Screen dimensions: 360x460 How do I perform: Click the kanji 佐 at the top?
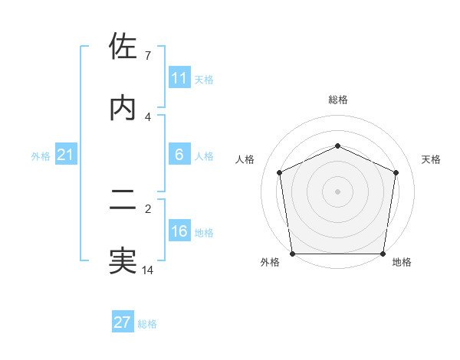[123, 47]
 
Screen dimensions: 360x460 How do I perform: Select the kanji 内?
[123, 108]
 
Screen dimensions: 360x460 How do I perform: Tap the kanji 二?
[123, 201]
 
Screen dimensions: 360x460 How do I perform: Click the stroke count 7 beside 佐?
[147, 56]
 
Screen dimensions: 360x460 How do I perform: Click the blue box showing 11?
[179, 78]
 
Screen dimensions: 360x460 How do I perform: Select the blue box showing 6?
[179, 155]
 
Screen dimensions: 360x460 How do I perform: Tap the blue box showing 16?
[179, 231]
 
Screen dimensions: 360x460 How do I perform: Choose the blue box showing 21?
[66, 155]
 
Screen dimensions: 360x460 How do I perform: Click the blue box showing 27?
[123, 322]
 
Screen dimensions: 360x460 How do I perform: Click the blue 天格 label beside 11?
[203, 79]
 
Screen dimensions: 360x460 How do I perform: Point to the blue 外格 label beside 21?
[41, 156]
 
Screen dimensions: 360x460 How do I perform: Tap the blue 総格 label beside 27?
[147, 324]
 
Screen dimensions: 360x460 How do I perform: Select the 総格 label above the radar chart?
[337, 100]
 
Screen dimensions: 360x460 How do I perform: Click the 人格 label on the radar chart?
[245, 159]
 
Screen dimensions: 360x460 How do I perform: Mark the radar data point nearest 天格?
[396, 172]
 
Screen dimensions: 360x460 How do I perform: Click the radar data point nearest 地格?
[383, 254]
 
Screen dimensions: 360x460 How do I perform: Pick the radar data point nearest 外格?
[292, 254]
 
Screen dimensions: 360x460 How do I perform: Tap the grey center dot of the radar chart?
[337, 191]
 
